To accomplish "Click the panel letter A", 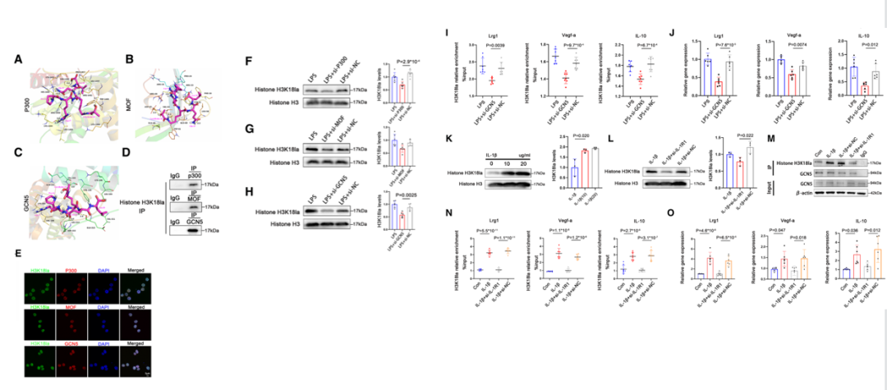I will pyautogui.click(x=18, y=60).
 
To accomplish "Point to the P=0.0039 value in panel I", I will pyautogui.click(x=481, y=46).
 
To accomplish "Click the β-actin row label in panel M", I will pyautogui.click(x=785, y=194).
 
